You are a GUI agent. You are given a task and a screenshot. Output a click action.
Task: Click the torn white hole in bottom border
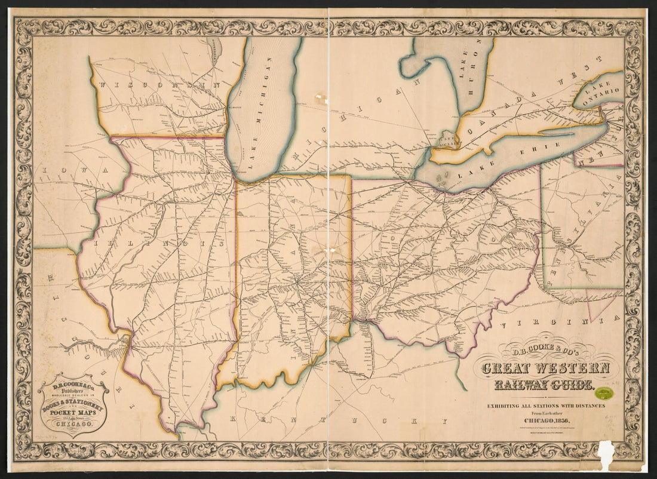click(606, 456)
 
